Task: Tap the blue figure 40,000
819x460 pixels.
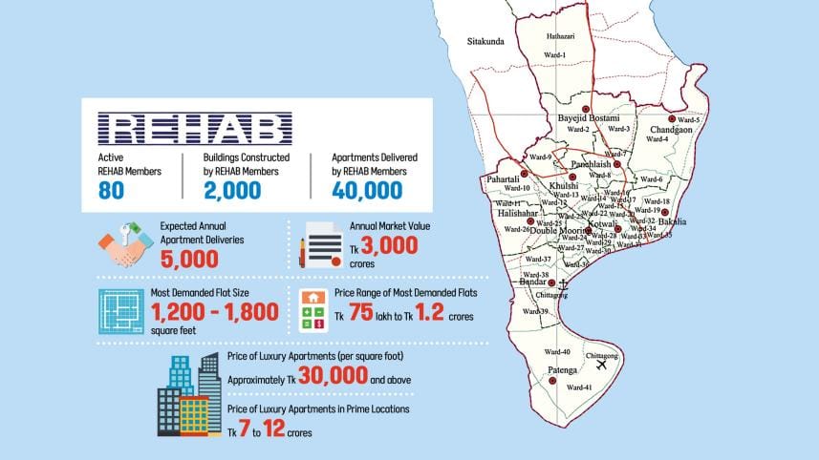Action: (367, 190)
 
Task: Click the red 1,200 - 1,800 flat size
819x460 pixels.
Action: (214, 311)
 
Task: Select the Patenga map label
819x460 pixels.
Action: (562, 369)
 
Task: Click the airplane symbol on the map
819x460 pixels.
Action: (602, 366)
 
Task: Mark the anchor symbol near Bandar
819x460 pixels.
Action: (563, 283)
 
